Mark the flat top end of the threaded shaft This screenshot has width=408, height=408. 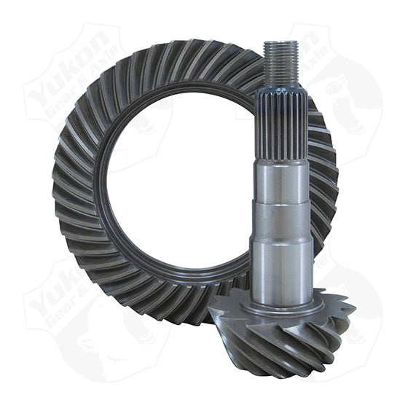pos(280,42)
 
